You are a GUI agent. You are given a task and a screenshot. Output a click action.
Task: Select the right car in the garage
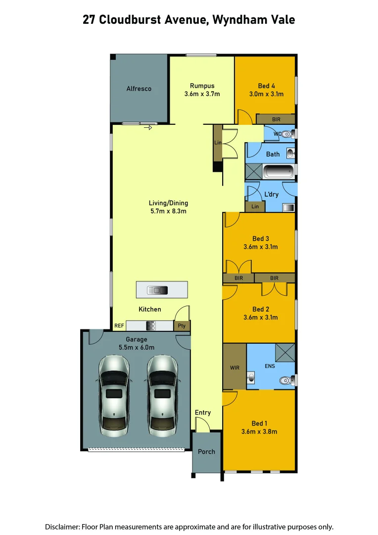(x=162, y=393)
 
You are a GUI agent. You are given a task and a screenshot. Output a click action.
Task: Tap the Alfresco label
(x=139, y=89)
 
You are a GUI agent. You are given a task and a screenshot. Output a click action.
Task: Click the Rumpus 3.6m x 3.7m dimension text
(x=202, y=94)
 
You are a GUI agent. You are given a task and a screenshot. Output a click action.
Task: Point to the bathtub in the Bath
(x=278, y=172)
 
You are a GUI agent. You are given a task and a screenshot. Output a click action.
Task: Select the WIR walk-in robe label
(x=235, y=368)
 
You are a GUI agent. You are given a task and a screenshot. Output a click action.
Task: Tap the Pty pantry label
(x=182, y=326)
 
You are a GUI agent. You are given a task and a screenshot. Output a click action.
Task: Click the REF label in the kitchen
(x=119, y=326)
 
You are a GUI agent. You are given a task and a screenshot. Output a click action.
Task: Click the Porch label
(x=206, y=451)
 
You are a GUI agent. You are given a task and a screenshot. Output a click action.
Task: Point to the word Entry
(x=203, y=413)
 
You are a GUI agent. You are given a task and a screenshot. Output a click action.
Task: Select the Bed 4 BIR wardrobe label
(x=277, y=119)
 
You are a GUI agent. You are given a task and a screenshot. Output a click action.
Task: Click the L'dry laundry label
(x=271, y=194)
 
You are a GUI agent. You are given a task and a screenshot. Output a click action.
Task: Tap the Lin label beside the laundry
(x=255, y=207)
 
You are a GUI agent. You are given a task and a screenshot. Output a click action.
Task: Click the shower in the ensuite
(x=285, y=352)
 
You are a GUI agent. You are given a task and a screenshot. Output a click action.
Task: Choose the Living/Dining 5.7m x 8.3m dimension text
(x=168, y=211)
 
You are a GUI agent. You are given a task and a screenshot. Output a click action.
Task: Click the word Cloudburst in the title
(x=137, y=20)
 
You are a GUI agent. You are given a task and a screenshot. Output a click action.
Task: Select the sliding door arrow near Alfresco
(x=147, y=128)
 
